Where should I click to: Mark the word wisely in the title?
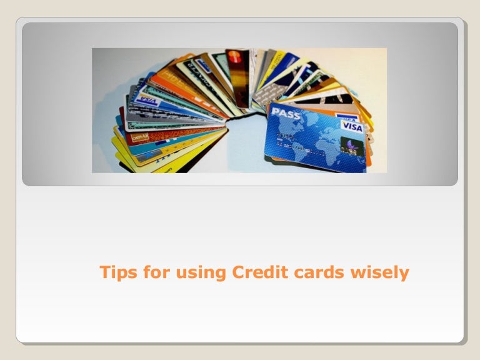point(379,273)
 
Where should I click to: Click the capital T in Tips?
point(105,272)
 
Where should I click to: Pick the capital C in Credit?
point(237,272)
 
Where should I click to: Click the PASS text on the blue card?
point(285,113)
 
